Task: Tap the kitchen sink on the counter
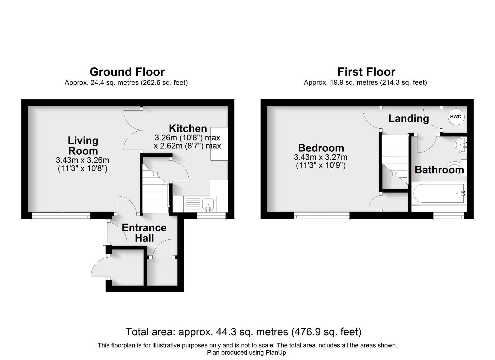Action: tap(208, 204)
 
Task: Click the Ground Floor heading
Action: tap(127, 72)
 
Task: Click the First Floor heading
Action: tap(366, 72)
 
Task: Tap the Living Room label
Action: tap(83, 146)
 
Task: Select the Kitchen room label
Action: tap(188, 128)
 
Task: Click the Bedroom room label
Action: tap(321, 148)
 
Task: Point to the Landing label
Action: tap(408, 119)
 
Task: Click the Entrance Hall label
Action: tap(144, 233)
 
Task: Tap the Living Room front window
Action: tap(61, 216)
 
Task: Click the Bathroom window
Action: tap(449, 216)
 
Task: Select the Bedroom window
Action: tap(322, 216)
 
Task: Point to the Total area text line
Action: tap(243, 332)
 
